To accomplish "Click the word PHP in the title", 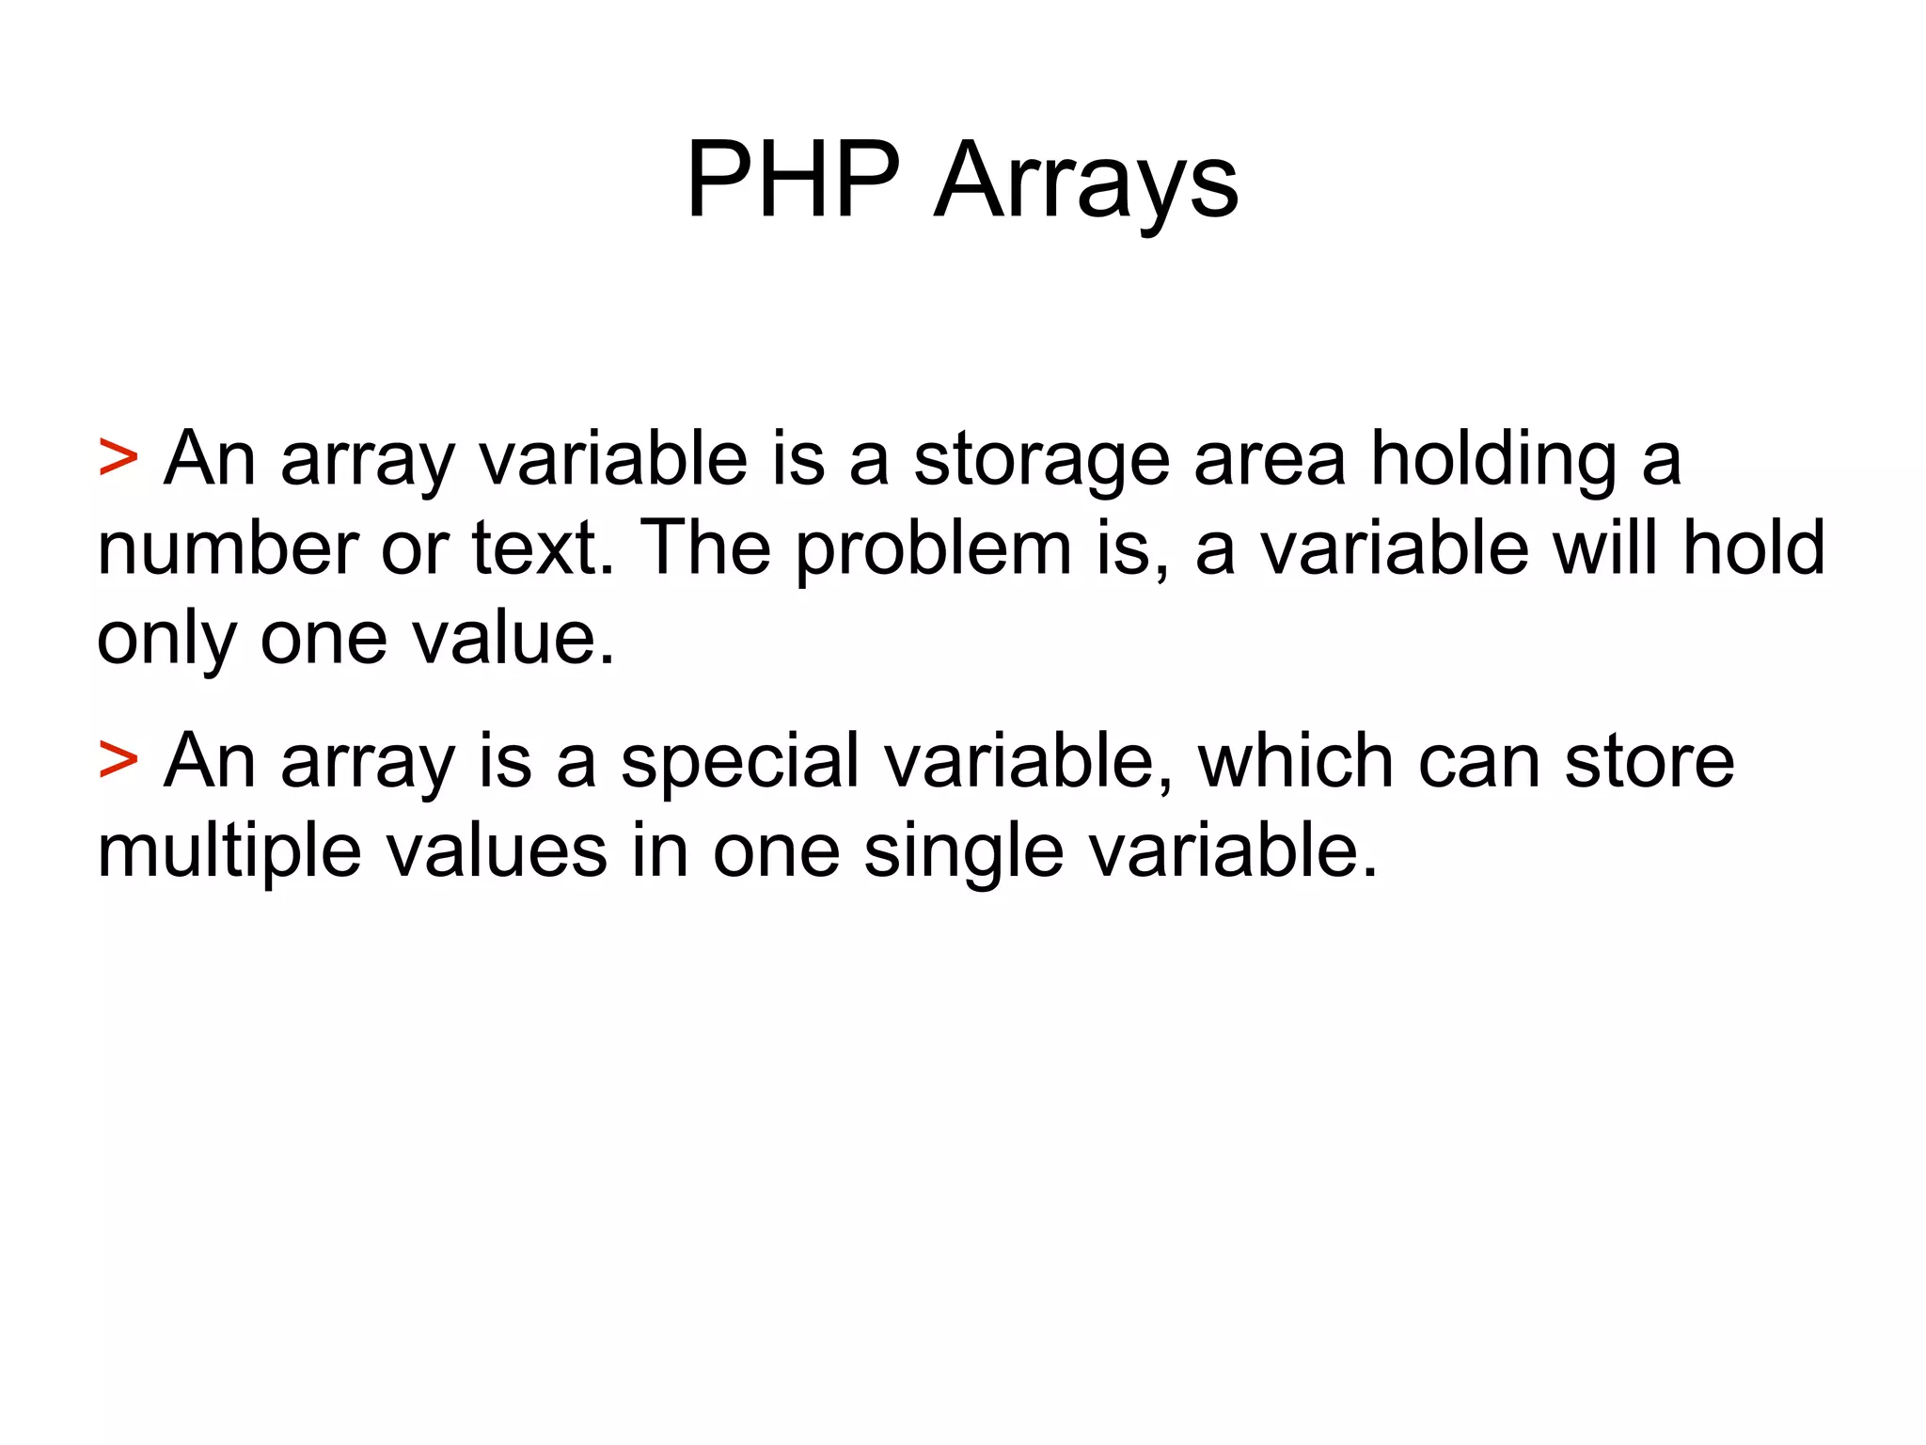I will pyautogui.click(x=792, y=181).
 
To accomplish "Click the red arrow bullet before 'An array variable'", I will pyautogui.click(x=118, y=458).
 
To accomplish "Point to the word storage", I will pyautogui.click(x=1042, y=460).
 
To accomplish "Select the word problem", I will pyautogui.click(x=933, y=550).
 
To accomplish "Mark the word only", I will pyautogui.click(x=166, y=640).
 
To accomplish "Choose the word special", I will pyautogui.click(x=739, y=762).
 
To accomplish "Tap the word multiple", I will pyautogui.click(x=229, y=852).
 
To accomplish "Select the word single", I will pyautogui.click(x=963, y=852).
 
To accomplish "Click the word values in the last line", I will pyautogui.click(x=497, y=850).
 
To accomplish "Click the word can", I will pyautogui.click(x=1478, y=762).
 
